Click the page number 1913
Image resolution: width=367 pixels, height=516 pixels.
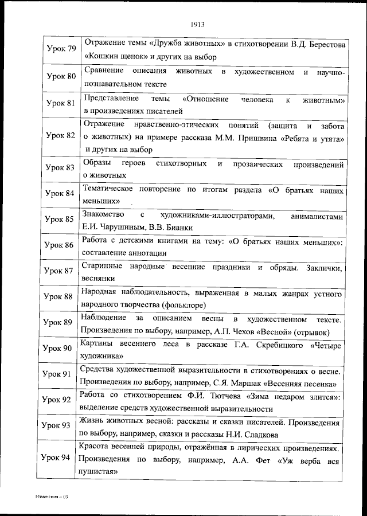click(196, 24)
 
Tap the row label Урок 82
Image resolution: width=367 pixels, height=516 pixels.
click(61, 136)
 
